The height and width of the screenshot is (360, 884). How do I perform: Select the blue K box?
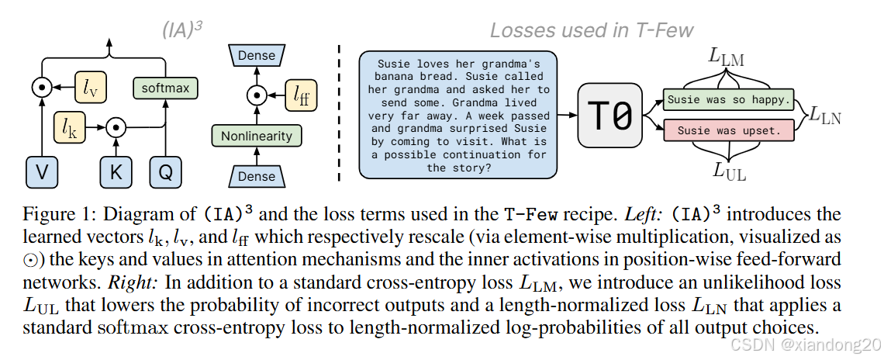116,171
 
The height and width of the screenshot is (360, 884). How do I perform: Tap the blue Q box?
165,171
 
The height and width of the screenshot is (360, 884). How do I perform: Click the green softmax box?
166,88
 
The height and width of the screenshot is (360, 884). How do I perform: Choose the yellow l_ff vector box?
299,95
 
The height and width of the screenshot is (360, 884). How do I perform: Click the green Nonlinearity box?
257,137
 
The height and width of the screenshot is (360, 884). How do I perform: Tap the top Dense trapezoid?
257,56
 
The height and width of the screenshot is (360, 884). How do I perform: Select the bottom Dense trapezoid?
257,176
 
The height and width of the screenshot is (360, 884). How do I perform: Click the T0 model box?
612,115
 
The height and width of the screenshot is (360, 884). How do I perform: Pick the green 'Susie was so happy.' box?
728,100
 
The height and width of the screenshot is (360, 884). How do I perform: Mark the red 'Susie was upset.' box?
728,130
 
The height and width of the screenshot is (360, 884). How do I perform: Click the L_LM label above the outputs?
726,56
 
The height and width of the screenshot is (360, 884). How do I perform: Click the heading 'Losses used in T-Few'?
592,30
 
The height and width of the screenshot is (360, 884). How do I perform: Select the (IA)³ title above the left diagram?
182,29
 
